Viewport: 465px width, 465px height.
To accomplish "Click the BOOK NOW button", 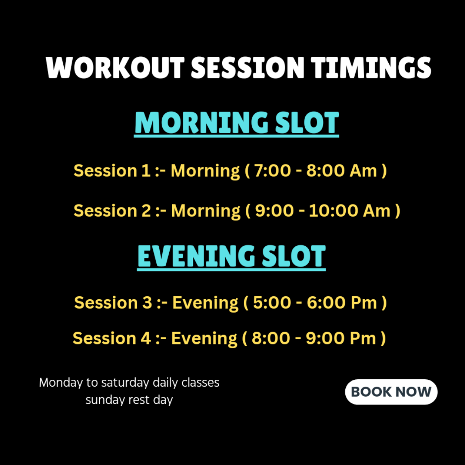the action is [391, 392].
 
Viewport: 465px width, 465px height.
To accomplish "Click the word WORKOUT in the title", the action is [115, 68].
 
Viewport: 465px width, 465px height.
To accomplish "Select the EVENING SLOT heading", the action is [232, 257].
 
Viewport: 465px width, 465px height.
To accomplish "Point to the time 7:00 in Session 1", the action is [273, 171].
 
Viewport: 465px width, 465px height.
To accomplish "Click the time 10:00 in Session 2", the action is [334, 211].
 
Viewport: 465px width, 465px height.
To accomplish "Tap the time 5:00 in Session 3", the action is [272, 303].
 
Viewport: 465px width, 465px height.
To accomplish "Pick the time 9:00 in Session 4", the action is [325, 338].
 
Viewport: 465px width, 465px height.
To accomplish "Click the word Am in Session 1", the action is [363, 171].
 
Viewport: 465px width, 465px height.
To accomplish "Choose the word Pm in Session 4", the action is [363, 338].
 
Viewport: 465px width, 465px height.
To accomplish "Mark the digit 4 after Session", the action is [146, 338].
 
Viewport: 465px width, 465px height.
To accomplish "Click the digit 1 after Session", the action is [146, 171].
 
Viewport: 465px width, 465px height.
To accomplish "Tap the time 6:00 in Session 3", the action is [325, 303].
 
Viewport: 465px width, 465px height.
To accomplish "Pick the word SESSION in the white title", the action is [248, 68].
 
